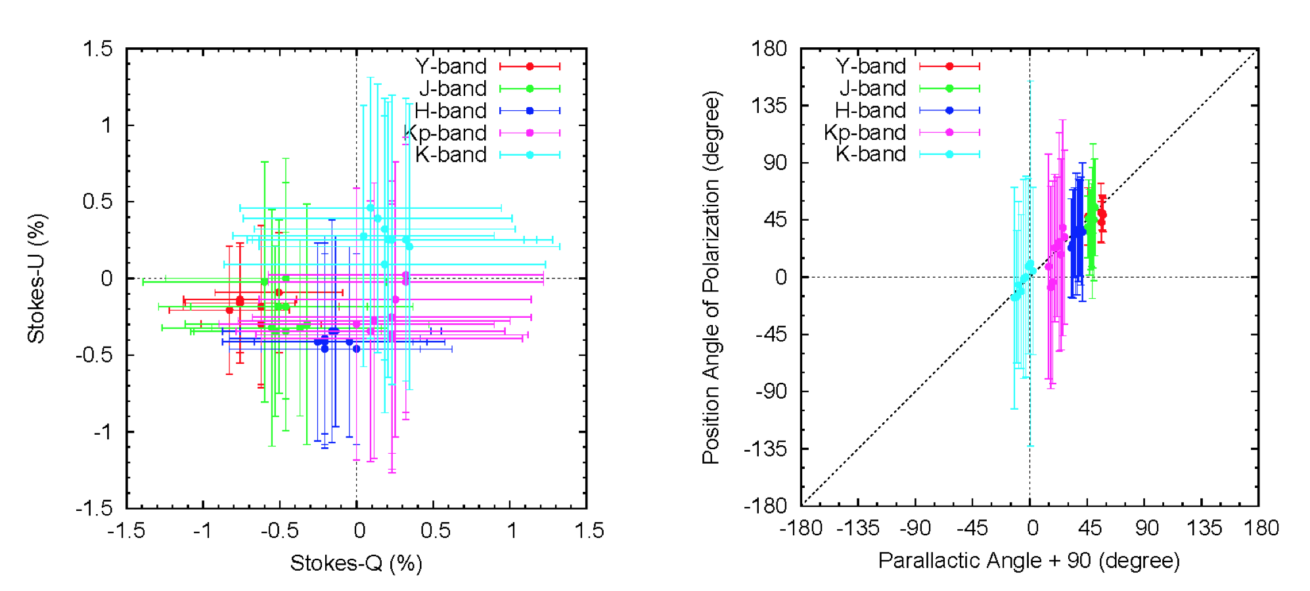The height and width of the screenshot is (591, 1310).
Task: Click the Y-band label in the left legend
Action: (x=451, y=66)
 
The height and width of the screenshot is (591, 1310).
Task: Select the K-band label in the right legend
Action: (x=870, y=154)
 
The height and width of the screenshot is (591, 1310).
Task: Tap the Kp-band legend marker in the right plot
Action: (x=949, y=133)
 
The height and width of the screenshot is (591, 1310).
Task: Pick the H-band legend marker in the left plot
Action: (x=530, y=111)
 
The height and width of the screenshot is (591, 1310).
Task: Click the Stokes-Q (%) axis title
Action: (x=356, y=563)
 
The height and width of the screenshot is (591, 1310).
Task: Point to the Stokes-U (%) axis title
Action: (x=36, y=278)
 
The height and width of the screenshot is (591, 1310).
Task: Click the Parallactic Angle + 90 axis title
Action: (x=1029, y=561)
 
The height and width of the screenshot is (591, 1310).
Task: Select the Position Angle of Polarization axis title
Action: (x=711, y=278)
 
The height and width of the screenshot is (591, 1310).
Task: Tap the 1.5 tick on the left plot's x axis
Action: (x=589, y=531)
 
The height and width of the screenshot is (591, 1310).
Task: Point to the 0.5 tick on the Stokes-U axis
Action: (x=97, y=202)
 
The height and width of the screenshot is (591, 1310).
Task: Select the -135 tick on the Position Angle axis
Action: (x=765, y=449)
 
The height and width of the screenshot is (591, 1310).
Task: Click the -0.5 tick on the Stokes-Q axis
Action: (x=279, y=531)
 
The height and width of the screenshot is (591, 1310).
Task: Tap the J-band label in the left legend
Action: (x=453, y=89)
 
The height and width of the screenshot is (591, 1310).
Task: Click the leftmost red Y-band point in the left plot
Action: (x=229, y=310)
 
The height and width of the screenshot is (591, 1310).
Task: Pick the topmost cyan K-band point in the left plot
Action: (x=370, y=208)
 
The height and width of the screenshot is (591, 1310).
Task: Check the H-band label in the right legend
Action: (x=870, y=110)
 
